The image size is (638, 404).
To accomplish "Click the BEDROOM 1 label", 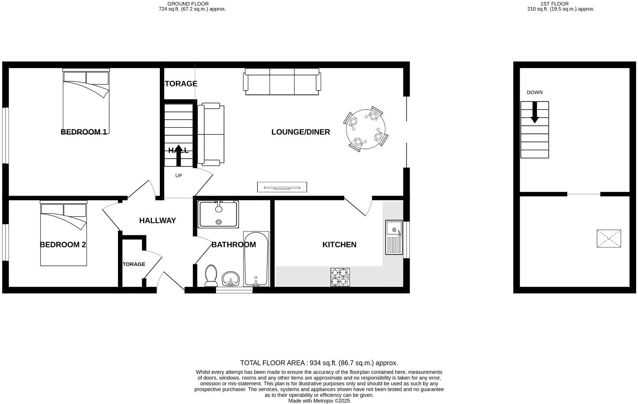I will pyautogui.click(x=83, y=132).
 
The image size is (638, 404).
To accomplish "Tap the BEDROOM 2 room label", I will pyautogui.click(x=63, y=245).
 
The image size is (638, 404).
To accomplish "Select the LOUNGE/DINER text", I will pyautogui.click(x=300, y=132).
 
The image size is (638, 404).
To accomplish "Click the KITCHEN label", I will pyautogui.click(x=339, y=245).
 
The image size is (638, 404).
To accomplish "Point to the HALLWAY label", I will pyautogui.click(x=157, y=220).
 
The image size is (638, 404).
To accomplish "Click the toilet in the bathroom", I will pyautogui.click(x=211, y=275).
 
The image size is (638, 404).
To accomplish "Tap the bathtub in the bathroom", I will pyautogui.click(x=256, y=259).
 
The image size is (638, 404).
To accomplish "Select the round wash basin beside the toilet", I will pyautogui.click(x=230, y=279).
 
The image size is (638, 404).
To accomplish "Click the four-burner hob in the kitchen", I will pyautogui.click(x=340, y=277).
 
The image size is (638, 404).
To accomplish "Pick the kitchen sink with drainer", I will pyautogui.click(x=394, y=237).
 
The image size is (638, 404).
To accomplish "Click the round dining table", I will pyautogui.click(x=365, y=129).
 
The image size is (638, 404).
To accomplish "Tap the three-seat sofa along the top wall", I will pyautogui.click(x=282, y=81).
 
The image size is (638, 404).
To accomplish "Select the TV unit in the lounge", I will pyautogui.click(x=282, y=187).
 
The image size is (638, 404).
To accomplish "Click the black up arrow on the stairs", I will pyautogui.click(x=178, y=155).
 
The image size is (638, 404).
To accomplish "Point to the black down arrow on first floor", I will pyautogui.click(x=534, y=112).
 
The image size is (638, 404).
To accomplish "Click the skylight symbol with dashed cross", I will pyautogui.click(x=609, y=239).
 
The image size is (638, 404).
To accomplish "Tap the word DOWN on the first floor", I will pyautogui.click(x=534, y=92).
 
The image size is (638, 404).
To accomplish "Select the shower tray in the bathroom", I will pyautogui.click(x=218, y=214).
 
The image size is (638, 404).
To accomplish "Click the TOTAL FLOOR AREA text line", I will pyautogui.click(x=319, y=363).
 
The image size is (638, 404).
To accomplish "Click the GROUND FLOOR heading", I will pyautogui.click(x=188, y=4).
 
